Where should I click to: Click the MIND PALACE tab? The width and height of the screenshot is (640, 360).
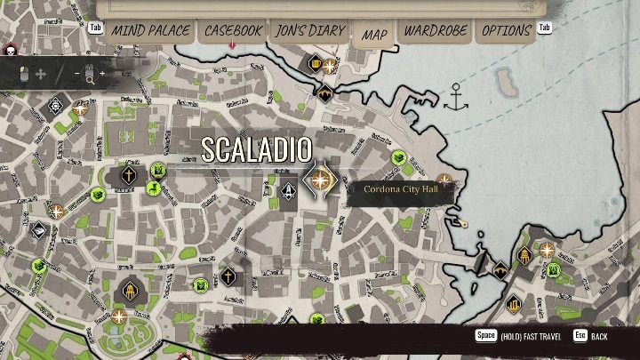[x=150, y=30]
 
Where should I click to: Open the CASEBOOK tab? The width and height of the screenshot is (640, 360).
[x=233, y=30]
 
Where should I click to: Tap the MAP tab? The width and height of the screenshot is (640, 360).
[x=374, y=35]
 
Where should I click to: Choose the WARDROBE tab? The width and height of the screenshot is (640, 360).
[x=436, y=30]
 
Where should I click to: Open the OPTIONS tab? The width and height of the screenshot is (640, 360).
[x=506, y=30]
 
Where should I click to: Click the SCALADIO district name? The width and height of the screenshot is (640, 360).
[x=256, y=149]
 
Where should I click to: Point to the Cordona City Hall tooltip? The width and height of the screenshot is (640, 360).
[x=401, y=189]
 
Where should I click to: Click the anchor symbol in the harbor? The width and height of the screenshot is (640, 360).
[x=456, y=96]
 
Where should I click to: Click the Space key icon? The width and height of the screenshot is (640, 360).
[x=485, y=336]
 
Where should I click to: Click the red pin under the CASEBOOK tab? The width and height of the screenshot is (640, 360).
[x=232, y=44]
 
